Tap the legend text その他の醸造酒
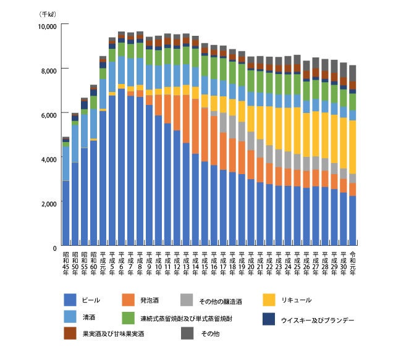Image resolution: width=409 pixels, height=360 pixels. pos(221,302)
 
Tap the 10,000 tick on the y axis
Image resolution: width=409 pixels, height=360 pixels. pos(47,26)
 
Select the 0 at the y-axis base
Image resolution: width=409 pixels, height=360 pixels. pos(54,248)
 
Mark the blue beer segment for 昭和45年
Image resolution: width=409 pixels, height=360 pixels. pos(66,213)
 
